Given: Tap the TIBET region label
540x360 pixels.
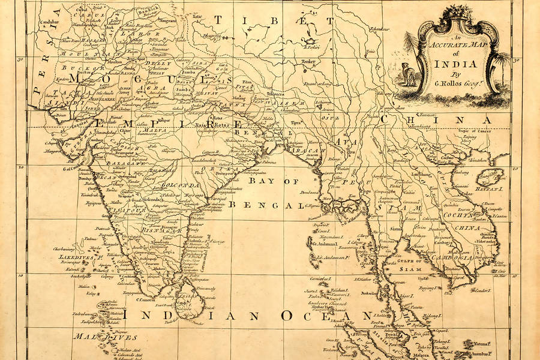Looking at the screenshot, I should pyautogui.click(x=274, y=22).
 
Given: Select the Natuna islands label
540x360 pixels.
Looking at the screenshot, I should pyautogui.click(x=503, y=345).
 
